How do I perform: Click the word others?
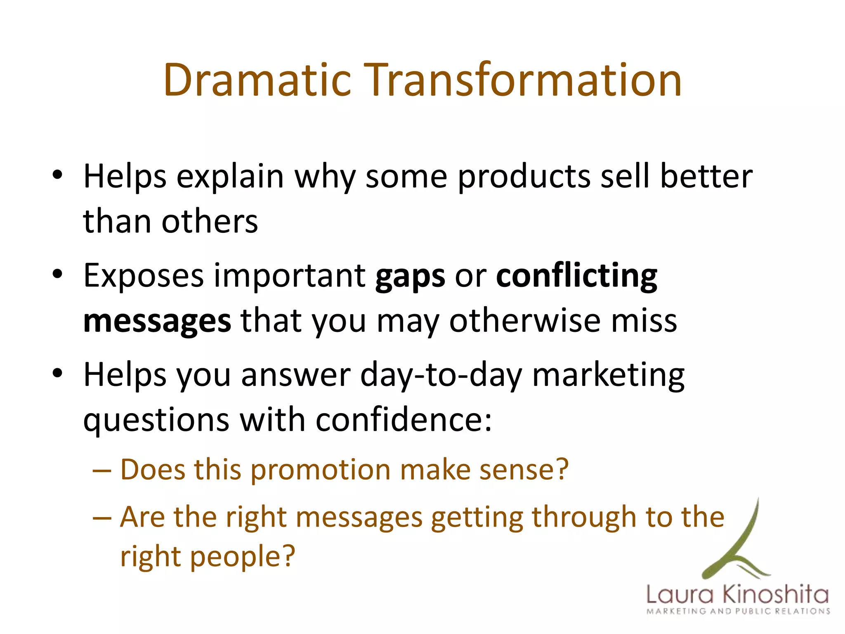210,222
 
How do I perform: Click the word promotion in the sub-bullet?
321,471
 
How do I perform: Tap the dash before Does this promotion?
102,471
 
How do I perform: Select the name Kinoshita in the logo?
776,595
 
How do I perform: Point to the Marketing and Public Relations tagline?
738,611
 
